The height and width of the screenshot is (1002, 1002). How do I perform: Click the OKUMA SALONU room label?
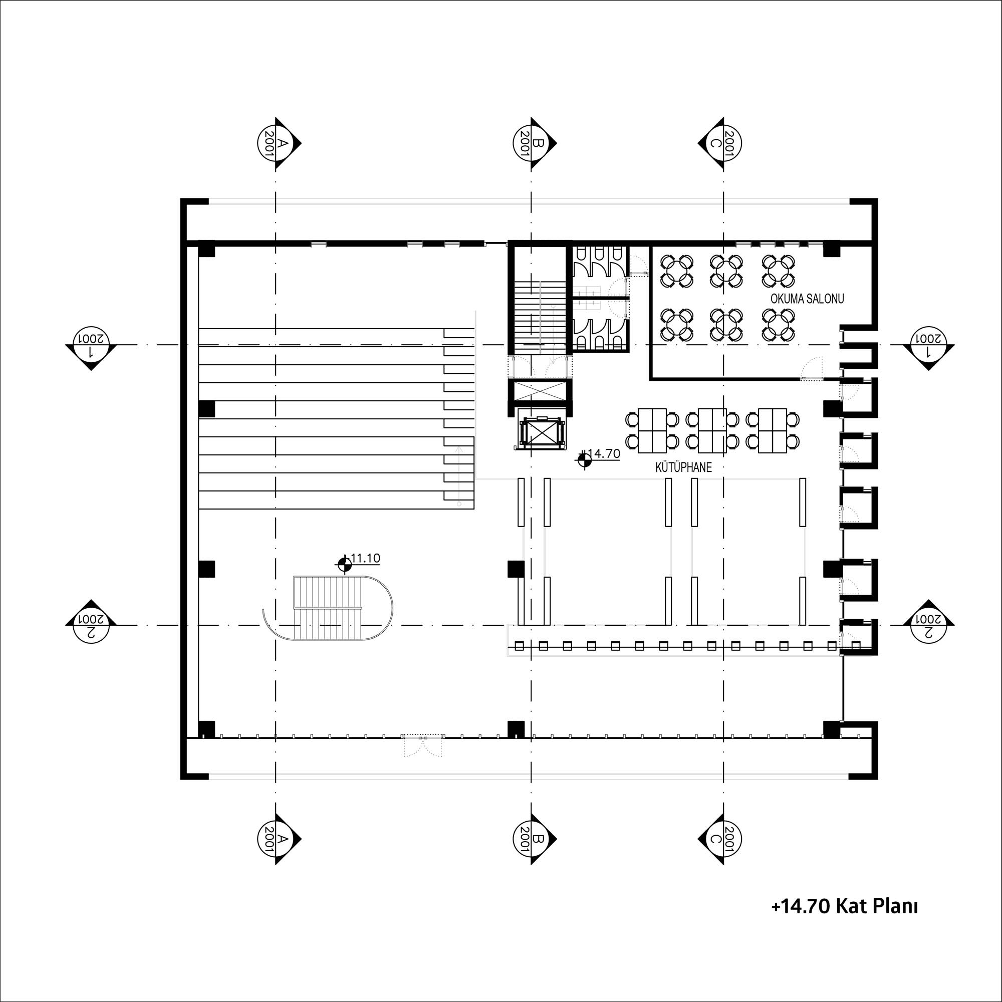click(807, 299)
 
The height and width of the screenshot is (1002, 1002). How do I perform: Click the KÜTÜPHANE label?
click(683, 467)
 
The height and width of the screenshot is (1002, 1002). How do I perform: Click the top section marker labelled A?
click(279, 143)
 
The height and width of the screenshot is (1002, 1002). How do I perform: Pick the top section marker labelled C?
click(719, 143)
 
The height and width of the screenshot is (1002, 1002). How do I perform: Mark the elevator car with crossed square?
click(541, 430)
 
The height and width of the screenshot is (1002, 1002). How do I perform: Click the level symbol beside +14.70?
click(585, 460)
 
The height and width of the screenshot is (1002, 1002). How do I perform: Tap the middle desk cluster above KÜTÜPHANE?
click(712, 430)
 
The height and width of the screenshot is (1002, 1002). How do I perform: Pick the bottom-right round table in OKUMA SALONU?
click(778, 324)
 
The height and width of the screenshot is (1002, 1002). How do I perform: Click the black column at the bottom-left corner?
click(206, 728)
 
